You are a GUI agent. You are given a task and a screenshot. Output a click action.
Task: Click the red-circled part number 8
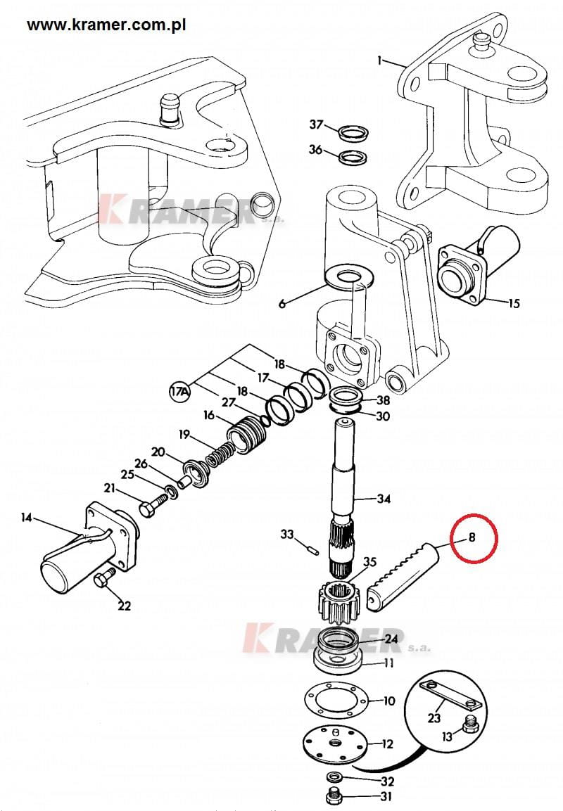coord(472,538)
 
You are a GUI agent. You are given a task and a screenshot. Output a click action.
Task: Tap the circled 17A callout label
coord(180,391)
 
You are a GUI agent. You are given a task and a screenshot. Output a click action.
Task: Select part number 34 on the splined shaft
coord(384,499)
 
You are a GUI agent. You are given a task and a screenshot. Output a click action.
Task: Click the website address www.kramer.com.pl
coord(106,25)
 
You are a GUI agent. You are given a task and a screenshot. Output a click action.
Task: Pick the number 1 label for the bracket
coord(380,61)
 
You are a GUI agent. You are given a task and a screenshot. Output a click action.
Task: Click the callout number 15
coord(513,303)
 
